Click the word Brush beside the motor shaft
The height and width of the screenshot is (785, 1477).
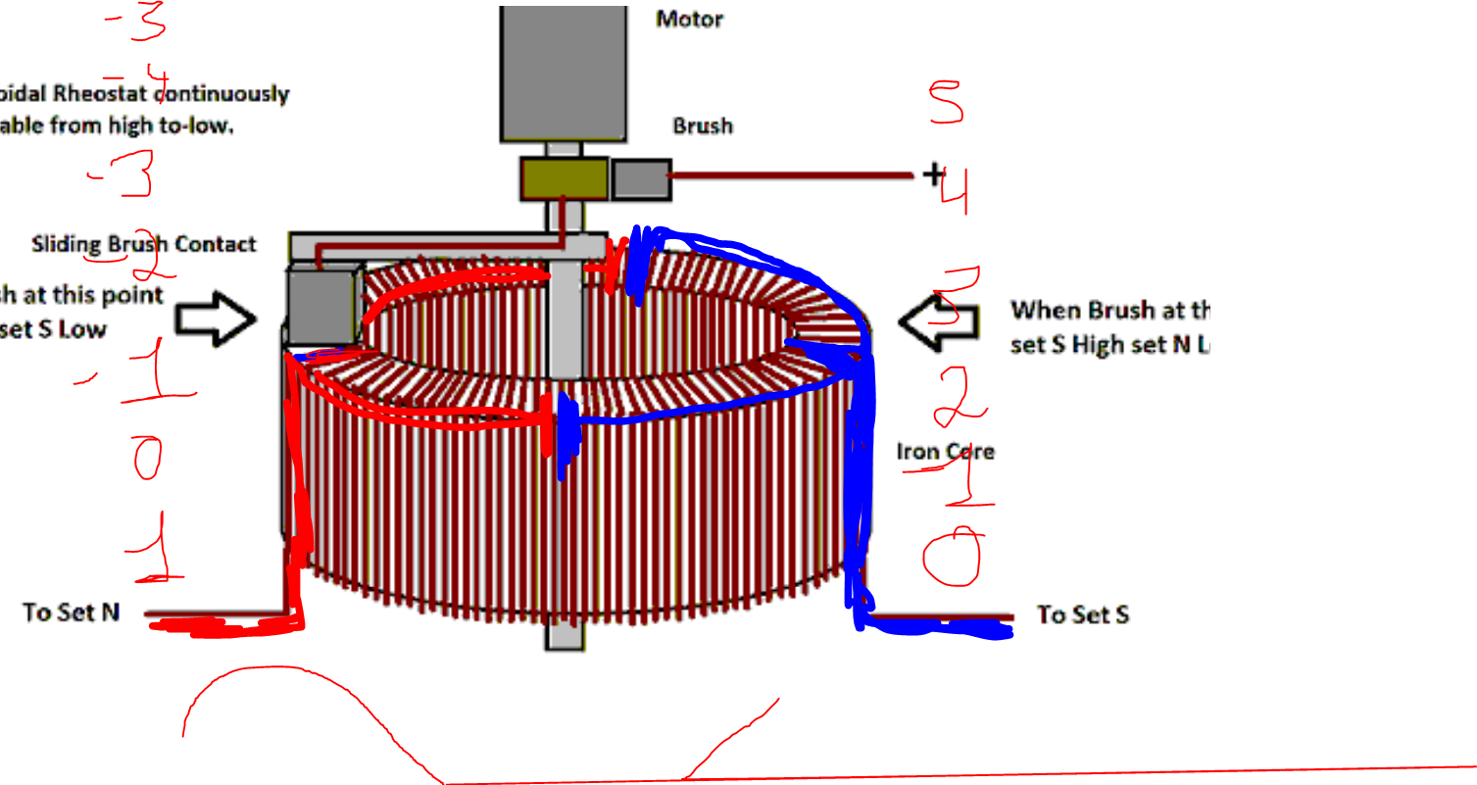click(702, 126)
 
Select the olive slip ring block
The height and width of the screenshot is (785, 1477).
click(563, 178)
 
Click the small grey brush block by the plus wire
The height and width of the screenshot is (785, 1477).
click(641, 178)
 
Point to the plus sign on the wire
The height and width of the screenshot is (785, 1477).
click(932, 175)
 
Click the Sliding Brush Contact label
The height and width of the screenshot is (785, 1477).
click(144, 244)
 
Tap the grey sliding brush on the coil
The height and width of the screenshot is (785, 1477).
click(319, 306)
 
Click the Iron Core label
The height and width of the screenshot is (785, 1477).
click(946, 452)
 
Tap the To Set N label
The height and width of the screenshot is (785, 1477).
click(72, 613)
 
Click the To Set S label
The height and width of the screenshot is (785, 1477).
click(1083, 614)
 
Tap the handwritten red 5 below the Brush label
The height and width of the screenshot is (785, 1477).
click(948, 102)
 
